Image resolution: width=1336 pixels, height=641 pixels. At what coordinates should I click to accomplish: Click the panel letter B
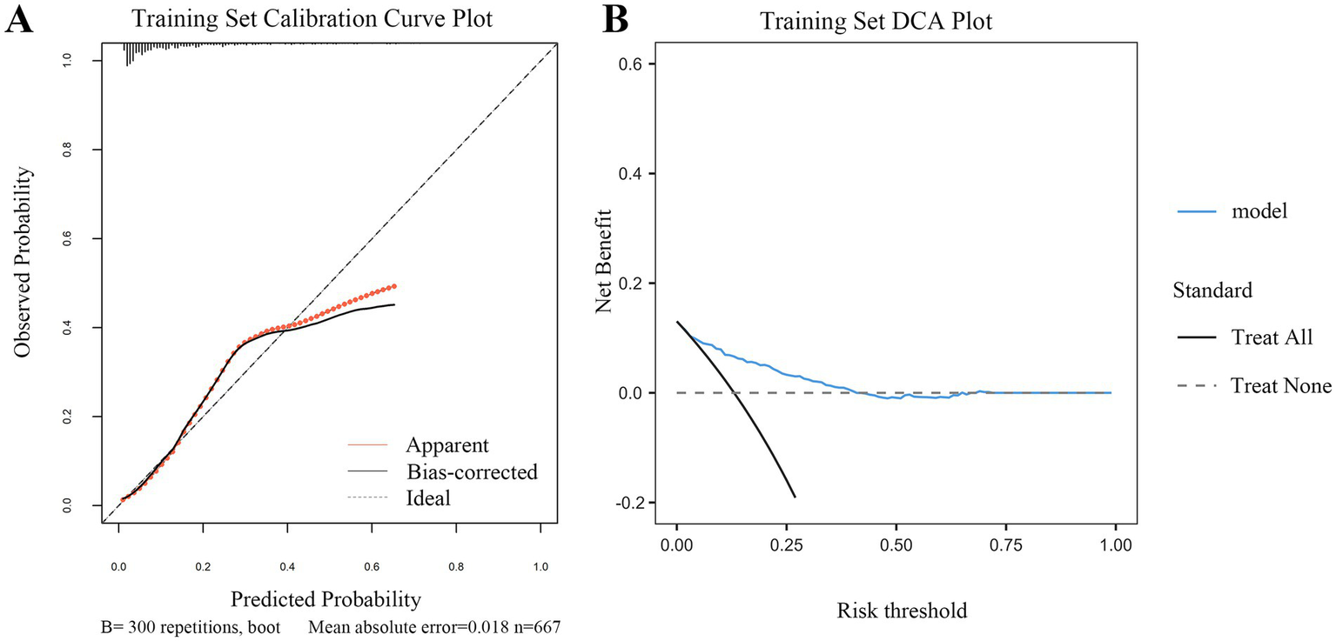coord(616,19)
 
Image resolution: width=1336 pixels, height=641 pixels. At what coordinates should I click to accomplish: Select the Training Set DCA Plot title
coord(876,21)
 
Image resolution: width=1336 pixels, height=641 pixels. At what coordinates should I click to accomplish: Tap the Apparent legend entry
coord(446,446)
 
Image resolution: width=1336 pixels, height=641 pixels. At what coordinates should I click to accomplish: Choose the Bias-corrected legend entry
coord(471,472)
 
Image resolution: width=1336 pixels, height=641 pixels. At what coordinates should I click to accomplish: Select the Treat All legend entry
coord(1272,337)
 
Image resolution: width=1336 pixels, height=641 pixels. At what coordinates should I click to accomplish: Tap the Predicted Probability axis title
coord(326,599)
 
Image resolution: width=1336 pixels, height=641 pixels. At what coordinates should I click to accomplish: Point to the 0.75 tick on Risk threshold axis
coord(1005,545)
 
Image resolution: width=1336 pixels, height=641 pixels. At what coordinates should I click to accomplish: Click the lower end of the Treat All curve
coord(795,497)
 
